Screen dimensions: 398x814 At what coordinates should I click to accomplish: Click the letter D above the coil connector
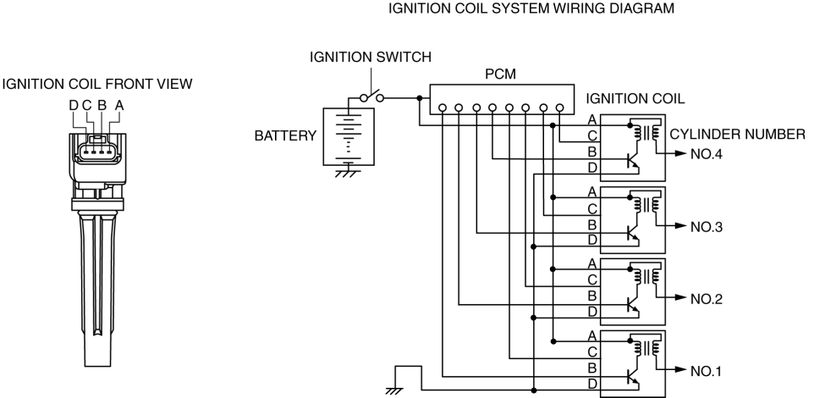(74, 105)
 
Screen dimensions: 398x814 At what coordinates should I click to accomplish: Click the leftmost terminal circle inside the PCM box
(442, 108)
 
